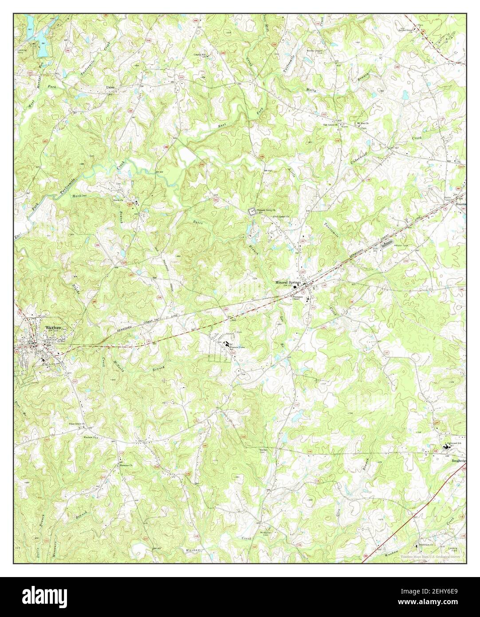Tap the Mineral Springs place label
click(x=288, y=282)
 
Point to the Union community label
click(x=110, y=87)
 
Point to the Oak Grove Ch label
click(x=331, y=125)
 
